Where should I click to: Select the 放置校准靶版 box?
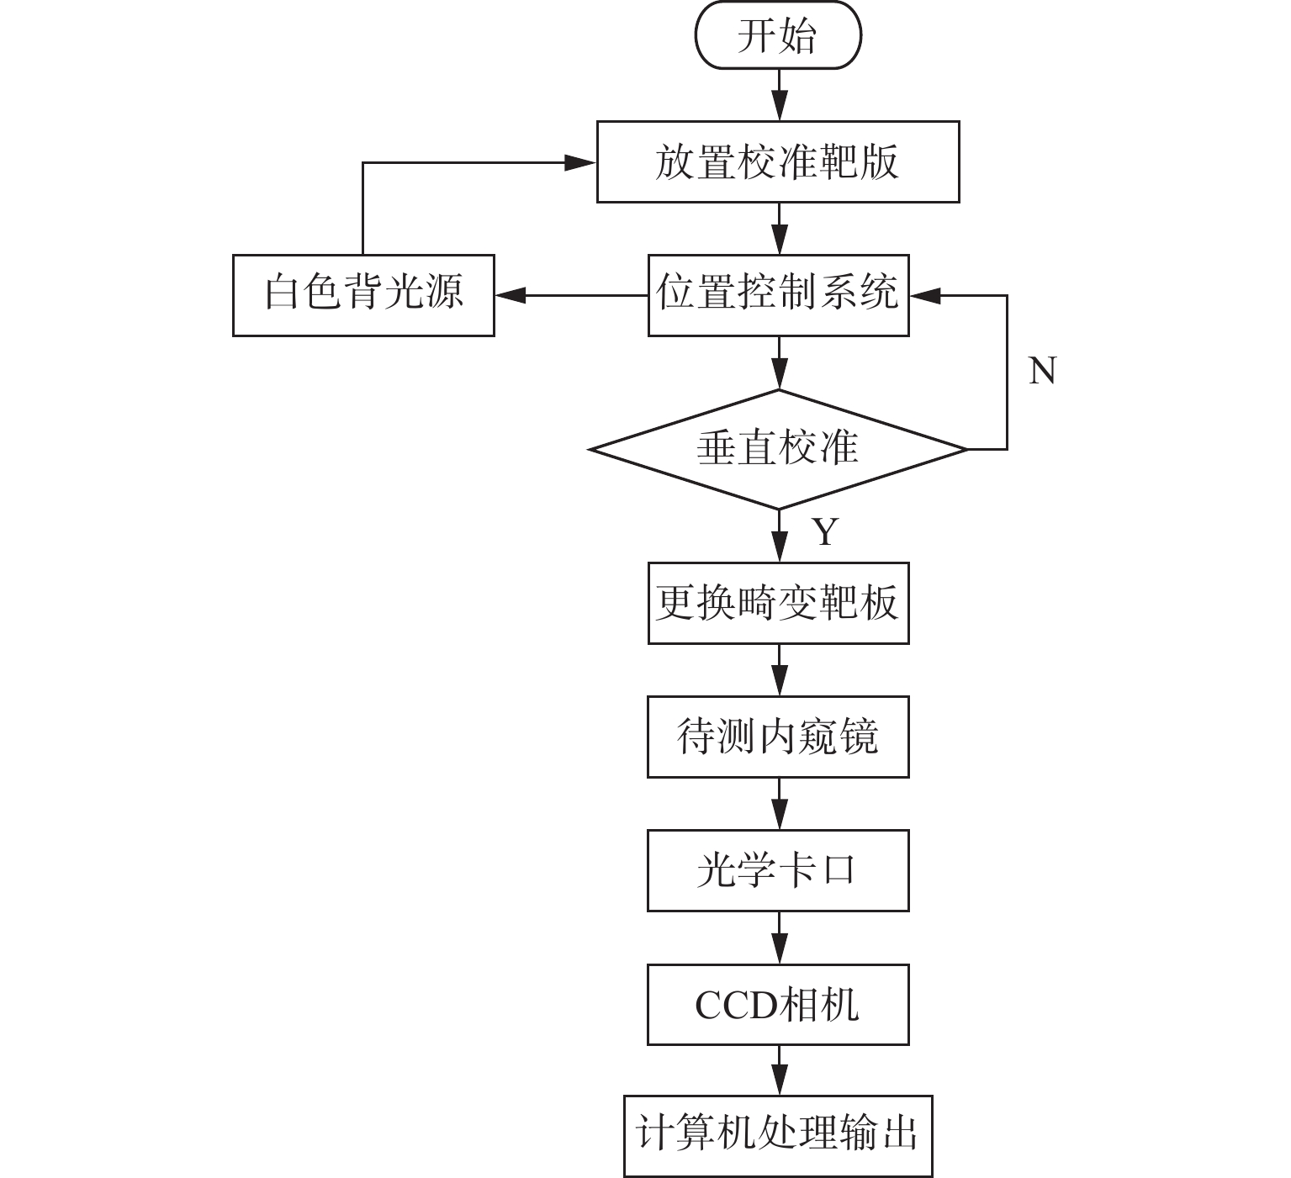point(778,161)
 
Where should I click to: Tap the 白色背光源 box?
point(363,295)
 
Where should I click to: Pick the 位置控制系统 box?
point(778,295)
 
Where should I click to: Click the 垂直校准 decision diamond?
point(778,450)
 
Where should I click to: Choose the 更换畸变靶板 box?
point(778,603)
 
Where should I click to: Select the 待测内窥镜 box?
point(778,737)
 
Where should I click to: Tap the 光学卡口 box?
point(778,870)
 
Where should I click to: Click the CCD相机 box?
point(778,1004)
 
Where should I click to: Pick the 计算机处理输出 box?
point(778,1136)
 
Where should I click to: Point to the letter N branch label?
point(1042,371)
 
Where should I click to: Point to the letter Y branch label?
point(826,531)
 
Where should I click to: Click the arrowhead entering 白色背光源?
point(511,295)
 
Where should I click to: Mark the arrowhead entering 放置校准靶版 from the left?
point(580,162)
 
